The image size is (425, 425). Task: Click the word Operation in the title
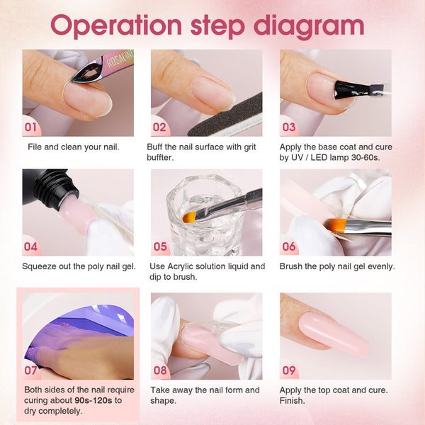(x=116, y=26)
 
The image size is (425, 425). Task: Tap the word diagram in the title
(x=309, y=27)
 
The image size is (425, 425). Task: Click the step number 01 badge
(x=30, y=127)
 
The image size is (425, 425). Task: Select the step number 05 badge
(x=160, y=246)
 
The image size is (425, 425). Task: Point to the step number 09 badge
(x=289, y=370)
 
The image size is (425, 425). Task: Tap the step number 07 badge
(x=30, y=370)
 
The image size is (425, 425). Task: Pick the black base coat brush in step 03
(x=358, y=90)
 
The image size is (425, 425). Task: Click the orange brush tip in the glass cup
(x=189, y=217)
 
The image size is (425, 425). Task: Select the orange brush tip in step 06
(x=335, y=225)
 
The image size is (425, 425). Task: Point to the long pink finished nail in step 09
(x=334, y=334)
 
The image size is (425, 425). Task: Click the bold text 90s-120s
(x=93, y=400)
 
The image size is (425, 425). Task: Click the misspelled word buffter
(x=160, y=157)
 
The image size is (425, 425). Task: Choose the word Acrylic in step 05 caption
(x=180, y=267)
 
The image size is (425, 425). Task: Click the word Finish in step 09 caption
(x=292, y=400)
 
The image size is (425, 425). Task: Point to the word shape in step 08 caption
(x=163, y=401)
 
